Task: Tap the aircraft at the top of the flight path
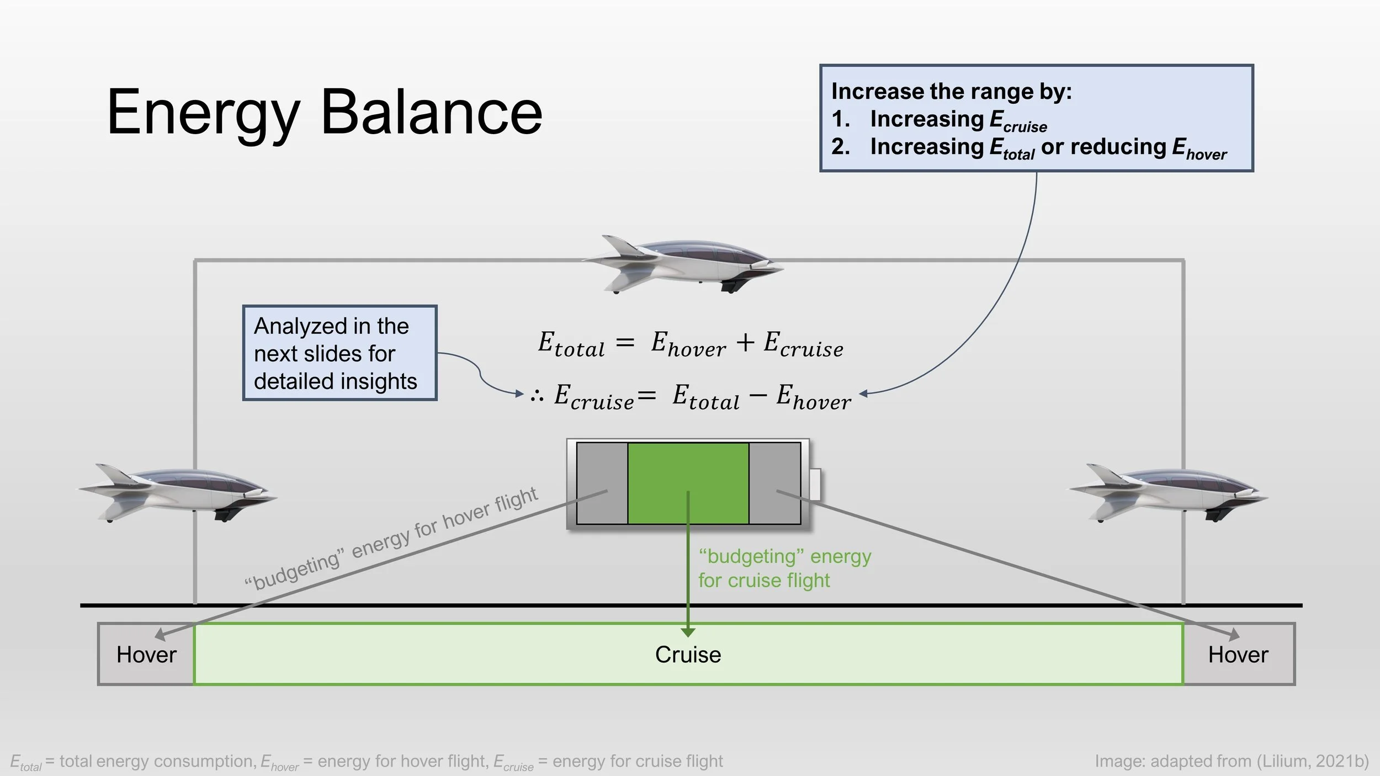click(x=684, y=264)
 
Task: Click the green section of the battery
click(x=688, y=483)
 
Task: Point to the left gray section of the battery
click(x=602, y=483)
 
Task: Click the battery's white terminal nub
click(x=815, y=484)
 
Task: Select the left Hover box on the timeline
click(x=146, y=655)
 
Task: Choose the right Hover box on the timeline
click(x=1238, y=655)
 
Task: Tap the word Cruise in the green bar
click(x=688, y=655)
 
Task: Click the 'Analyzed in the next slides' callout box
click(x=339, y=353)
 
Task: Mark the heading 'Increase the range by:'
click(x=951, y=92)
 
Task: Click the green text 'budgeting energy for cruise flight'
click(x=784, y=568)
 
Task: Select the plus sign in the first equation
click(x=745, y=342)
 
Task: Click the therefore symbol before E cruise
click(x=537, y=395)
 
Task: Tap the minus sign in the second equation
click(x=758, y=395)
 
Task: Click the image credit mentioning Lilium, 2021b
click(x=1232, y=761)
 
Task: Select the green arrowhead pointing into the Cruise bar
click(x=688, y=632)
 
